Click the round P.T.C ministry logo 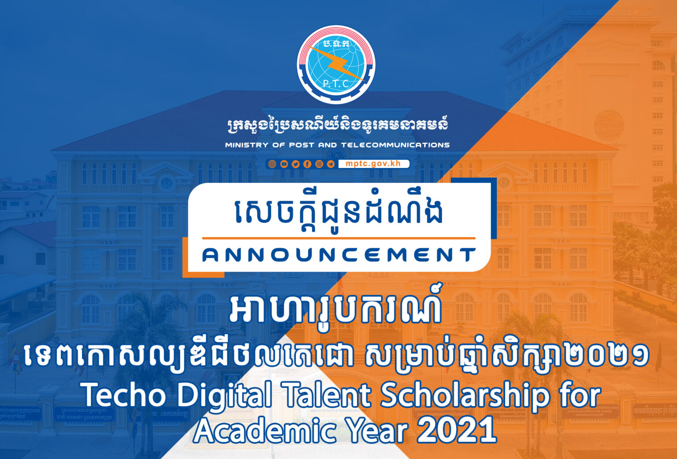[336, 64]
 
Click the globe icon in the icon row [272, 164]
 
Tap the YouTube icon [284, 164]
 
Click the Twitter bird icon [296, 164]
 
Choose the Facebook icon [307, 164]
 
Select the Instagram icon [319, 164]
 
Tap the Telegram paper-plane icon [331, 164]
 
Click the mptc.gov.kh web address [373, 164]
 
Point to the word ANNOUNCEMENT [338, 255]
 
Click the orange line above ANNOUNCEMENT [338, 238]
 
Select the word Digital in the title [225, 395]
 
